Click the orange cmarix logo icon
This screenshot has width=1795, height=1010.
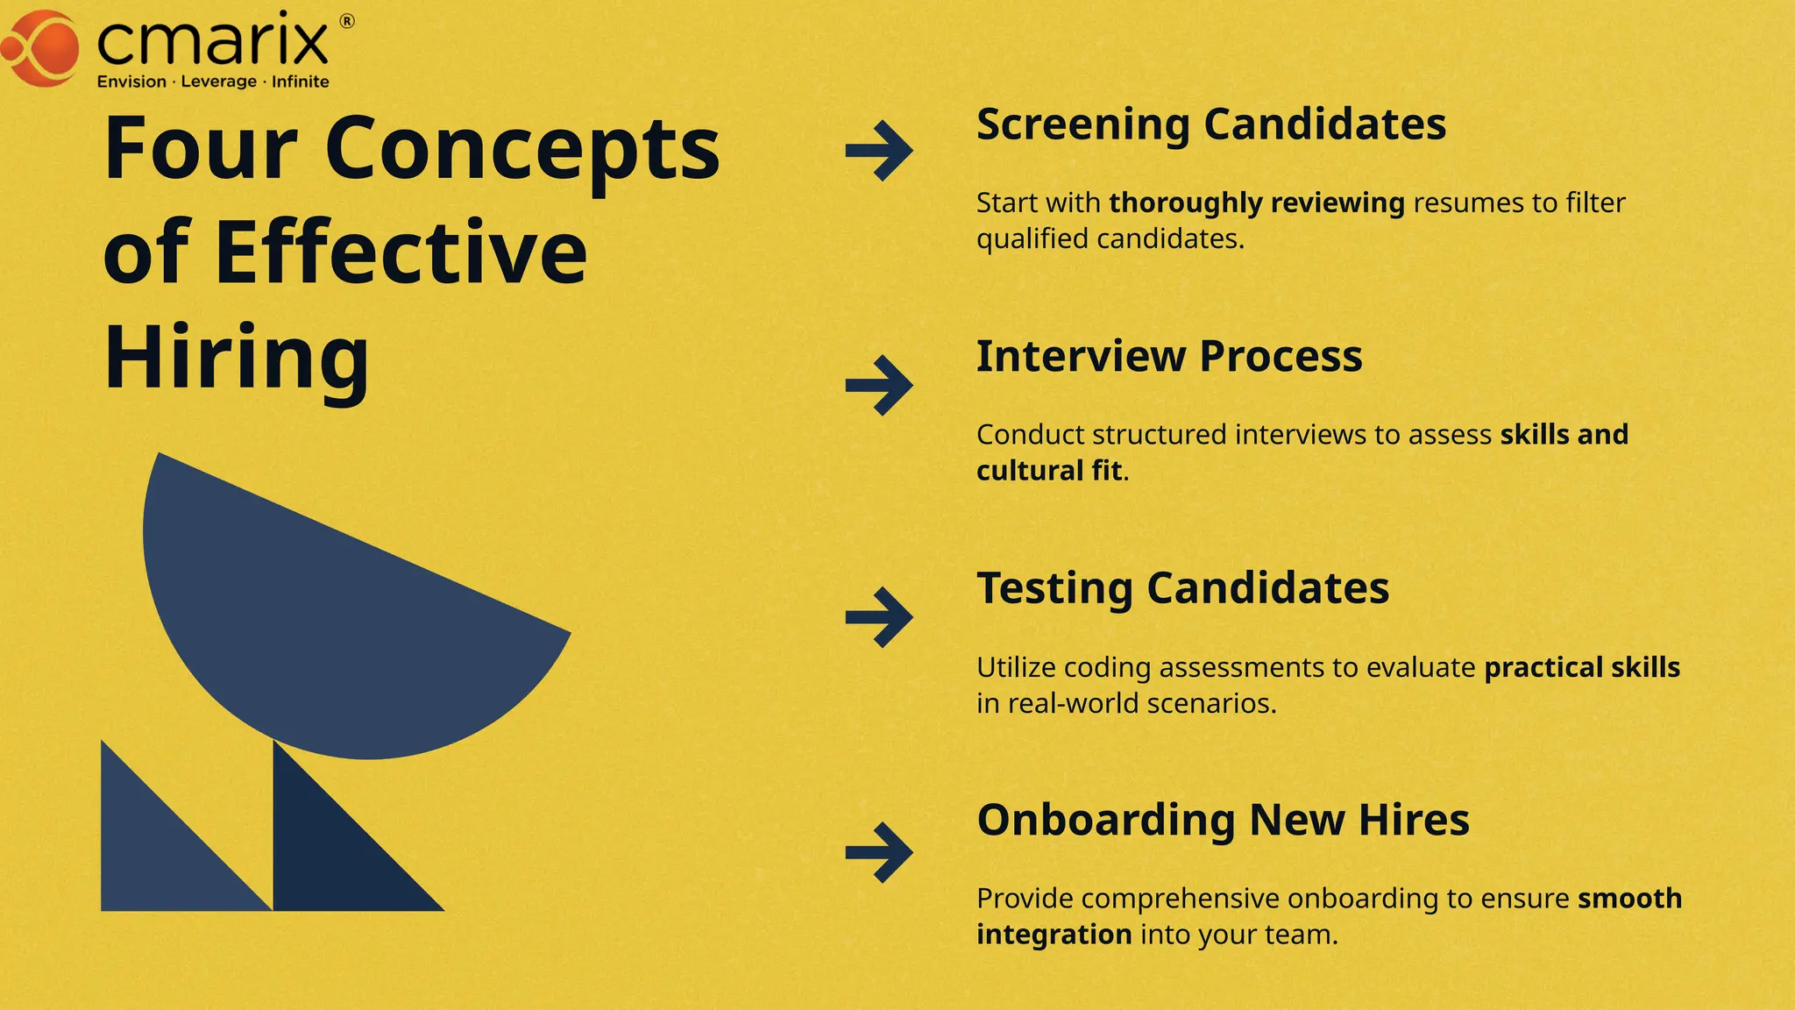pyautogui.click(x=42, y=47)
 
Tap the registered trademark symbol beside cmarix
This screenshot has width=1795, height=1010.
pyautogui.click(x=347, y=22)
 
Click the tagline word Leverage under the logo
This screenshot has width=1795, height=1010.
pyautogui.click(x=218, y=82)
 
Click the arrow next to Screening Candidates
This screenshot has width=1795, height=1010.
pyautogui.click(x=879, y=151)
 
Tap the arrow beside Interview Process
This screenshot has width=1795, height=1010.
pyautogui.click(x=879, y=385)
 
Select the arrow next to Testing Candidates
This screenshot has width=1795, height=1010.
pyautogui.click(x=879, y=617)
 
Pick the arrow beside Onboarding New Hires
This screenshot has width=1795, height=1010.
pyautogui.click(x=879, y=851)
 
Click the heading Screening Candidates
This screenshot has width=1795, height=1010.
pyautogui.click(x=1211, y=124)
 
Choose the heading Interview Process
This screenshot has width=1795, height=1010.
pyautogui.click(x=1169, y=356)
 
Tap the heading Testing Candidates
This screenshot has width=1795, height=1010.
pyautogui.click(x=1182, y=588)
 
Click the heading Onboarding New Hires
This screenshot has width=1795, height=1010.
pyautogui.click(x=1223, y=821)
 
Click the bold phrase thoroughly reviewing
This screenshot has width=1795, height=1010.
pyautogui.click(x=1256, y=203)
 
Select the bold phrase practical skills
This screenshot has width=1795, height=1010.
pyautogui.click(x=1582, y=667)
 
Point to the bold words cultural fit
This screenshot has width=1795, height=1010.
pyautogui.click(x=1049, y=471)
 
